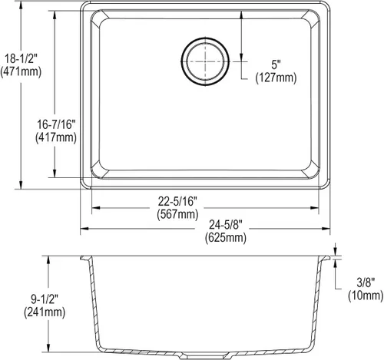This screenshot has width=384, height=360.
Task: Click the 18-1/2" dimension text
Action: [x=22, y=59]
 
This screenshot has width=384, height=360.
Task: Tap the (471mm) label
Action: [x=21, y=71]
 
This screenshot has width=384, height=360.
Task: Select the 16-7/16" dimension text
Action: [x=56, y=124]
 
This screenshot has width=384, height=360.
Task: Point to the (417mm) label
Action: [x=56, y=137]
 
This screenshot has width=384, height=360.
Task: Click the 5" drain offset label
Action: [x=276, y=64]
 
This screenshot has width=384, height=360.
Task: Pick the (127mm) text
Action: [x=276, y=78]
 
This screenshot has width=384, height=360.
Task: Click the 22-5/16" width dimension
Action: [x=177, y=202]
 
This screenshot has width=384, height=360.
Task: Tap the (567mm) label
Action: [x=177, y=214]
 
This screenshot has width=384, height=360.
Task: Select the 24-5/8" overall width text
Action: [x=226, y=225]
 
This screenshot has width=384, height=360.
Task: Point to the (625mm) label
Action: [x=226, y=238]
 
